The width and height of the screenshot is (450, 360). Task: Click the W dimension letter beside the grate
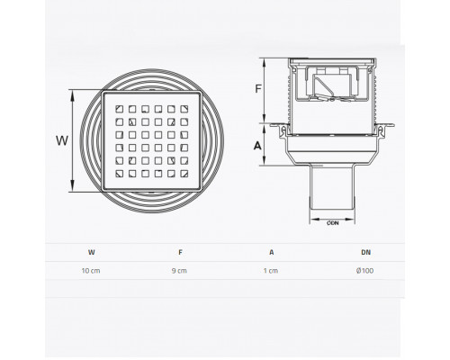pyautogui.click(x=62, y=140)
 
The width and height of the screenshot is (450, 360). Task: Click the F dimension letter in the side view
pyautogui.click(x=258, y=89)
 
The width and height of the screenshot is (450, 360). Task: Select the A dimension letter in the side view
pyautogui.click(x=257, y=146)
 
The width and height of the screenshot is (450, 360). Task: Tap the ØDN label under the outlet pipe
pyautogui.click(x=333, y=223)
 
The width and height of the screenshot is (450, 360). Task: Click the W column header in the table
pyautogui.click(x=92, y=252)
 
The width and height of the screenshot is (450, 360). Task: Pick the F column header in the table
pyautogui.click(x=180, y=252)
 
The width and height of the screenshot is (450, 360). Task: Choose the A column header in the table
pyautogui.click(x=272, y=252)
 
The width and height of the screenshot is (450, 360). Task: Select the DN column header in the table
pyautogui.click(x=365, y=252)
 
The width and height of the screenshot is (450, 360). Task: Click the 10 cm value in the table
pyautogui.click(x=91, y=271)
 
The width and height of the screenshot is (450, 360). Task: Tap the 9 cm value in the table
pyautogui.click(x=179, y=271)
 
